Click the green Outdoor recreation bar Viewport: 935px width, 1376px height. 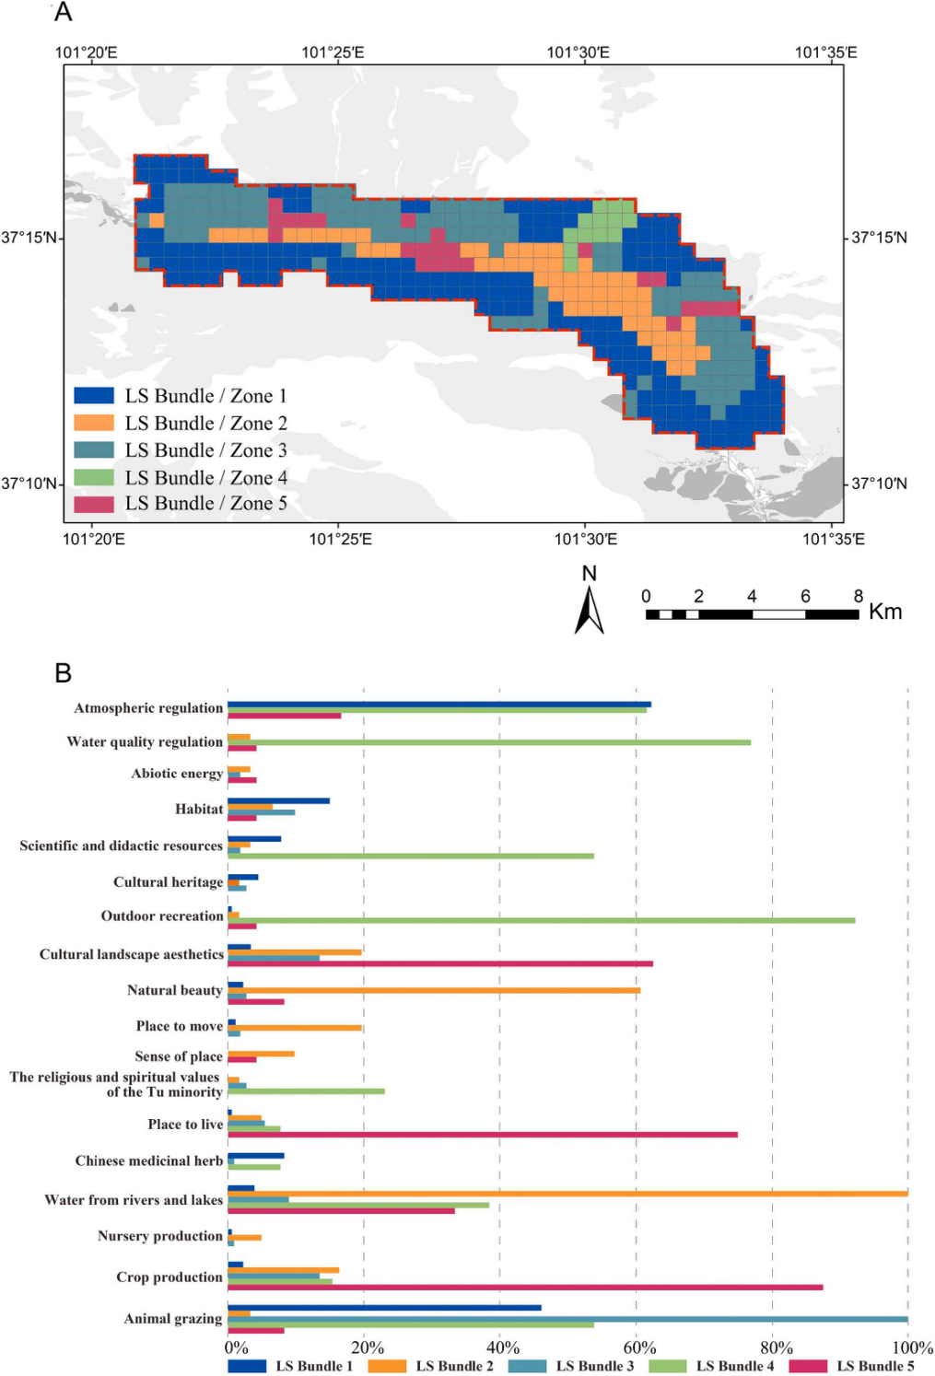coord(542,920)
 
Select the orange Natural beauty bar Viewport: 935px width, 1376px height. coord(434,991)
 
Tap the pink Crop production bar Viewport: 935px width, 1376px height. coord(525,1288)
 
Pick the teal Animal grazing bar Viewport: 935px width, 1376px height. coord(567,1319)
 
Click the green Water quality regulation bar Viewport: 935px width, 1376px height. coord(489,742)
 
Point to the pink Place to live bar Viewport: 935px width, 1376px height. coord(483,1135)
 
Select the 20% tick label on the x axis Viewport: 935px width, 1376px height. coord(367,1347)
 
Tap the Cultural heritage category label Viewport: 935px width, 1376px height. coord(168,882)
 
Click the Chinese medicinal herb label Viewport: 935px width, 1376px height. coord(149,1160)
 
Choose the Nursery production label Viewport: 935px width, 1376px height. coord(160,1236)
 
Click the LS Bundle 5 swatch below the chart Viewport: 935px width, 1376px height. coord(808,1366)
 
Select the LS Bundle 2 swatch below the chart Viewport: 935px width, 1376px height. coord(387,1366)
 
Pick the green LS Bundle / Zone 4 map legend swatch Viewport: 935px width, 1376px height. coord(94,477)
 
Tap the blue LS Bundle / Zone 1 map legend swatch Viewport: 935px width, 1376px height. coord(94,396)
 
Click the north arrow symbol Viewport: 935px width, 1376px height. coord(590,610)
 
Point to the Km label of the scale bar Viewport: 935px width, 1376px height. coord(885,612)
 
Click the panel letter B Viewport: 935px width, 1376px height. coord(63,673)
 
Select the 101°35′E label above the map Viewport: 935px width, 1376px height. coord(825,52)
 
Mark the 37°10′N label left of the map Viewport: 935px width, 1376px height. coord(29,484)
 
